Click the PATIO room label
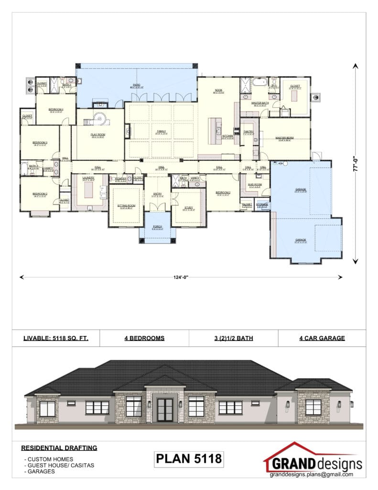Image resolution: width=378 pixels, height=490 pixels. coord(137,85)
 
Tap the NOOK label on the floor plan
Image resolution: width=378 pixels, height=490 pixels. coord(218,89)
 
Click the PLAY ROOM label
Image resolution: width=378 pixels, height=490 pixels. coord(98,134)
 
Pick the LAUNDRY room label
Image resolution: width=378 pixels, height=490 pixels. coord(88,178)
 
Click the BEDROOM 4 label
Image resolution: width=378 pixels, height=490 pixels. coord(56,110)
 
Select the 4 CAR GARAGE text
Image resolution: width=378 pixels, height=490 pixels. coord(322,338)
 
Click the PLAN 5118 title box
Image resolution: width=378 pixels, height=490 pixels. coord(189,459)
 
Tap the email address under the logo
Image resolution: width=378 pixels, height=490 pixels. coord(311,475)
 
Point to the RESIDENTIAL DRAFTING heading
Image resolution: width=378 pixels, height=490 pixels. coord(59,448)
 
